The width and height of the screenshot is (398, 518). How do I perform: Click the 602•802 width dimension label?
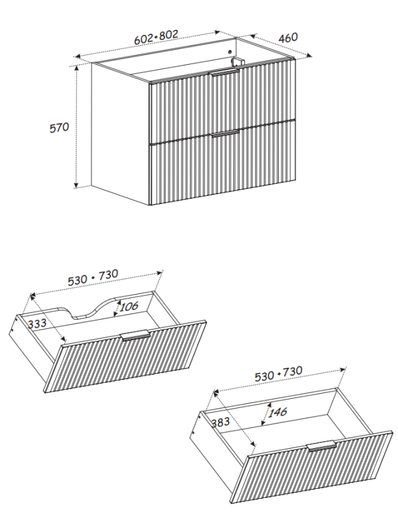[x=156, y=38]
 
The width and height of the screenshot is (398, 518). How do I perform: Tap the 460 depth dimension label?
[x=288, y=38]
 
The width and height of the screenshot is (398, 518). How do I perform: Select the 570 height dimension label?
[x=60, y=128]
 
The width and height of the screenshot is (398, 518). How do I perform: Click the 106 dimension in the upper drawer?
[x=129, y=306]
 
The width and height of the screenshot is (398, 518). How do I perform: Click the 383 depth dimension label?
[x=222, y=422]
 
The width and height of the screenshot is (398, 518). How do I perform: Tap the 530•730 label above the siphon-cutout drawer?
[x=93, y=276]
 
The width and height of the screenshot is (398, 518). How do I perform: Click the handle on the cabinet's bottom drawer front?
[x=224, y=133]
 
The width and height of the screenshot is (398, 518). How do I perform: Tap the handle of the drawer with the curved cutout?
[x=135, y=335]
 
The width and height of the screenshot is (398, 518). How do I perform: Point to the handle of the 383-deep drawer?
[x=322, y=446]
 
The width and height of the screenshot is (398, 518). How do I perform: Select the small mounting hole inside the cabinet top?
[x=230, y=51]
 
